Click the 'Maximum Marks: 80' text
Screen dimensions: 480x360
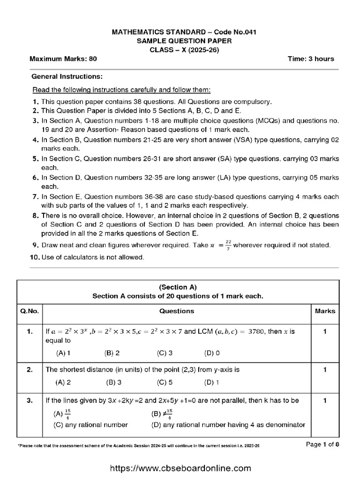[x=63, y=59]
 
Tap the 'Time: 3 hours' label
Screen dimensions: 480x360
[x=311, y=59]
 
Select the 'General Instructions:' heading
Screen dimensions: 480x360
[x=67, y=76]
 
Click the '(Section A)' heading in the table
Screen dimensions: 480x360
[x=178, y=287]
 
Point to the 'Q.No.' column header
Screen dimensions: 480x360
[x=30, y=311]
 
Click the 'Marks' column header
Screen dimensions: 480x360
[x=325, y=311]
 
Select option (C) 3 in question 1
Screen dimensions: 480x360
[x=165, y=353]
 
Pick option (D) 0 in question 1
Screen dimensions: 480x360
[x=212, y=353]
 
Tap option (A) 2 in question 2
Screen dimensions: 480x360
[x=63, y=382]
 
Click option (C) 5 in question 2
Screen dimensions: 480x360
[x=165, y=382]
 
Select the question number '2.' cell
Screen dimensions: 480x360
[x=30, y=370]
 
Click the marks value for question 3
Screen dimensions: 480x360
[x=325, y=401]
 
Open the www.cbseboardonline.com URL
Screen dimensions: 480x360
[x=180, y=468]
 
